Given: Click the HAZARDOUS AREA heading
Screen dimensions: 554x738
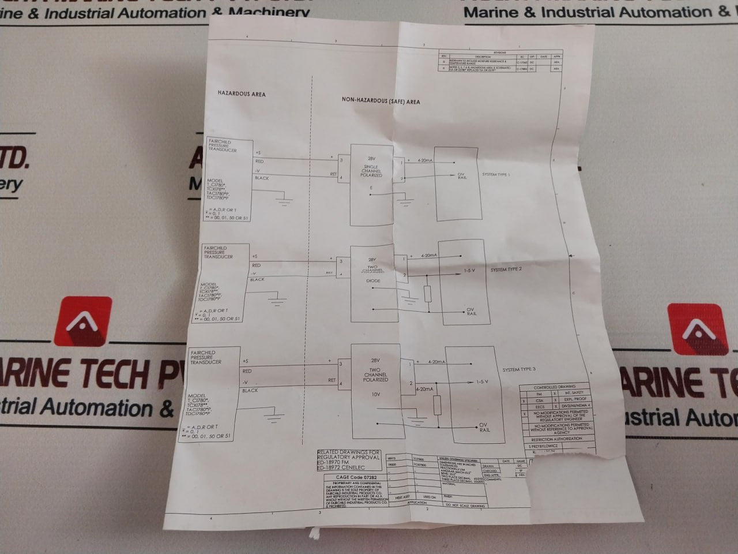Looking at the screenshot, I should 241,93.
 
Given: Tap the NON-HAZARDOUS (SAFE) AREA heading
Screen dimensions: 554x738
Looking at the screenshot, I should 381,101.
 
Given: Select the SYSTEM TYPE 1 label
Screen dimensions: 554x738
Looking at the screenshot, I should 496,174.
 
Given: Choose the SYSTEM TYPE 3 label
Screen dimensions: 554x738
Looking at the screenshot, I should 519,369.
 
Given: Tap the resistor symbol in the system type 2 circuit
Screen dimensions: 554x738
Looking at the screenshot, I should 427,294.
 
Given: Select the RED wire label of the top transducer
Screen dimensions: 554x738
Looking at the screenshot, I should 259,162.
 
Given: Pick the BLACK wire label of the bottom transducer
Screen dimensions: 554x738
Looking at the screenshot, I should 250,391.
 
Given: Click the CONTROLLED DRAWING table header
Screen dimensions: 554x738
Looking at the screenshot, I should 554,387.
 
